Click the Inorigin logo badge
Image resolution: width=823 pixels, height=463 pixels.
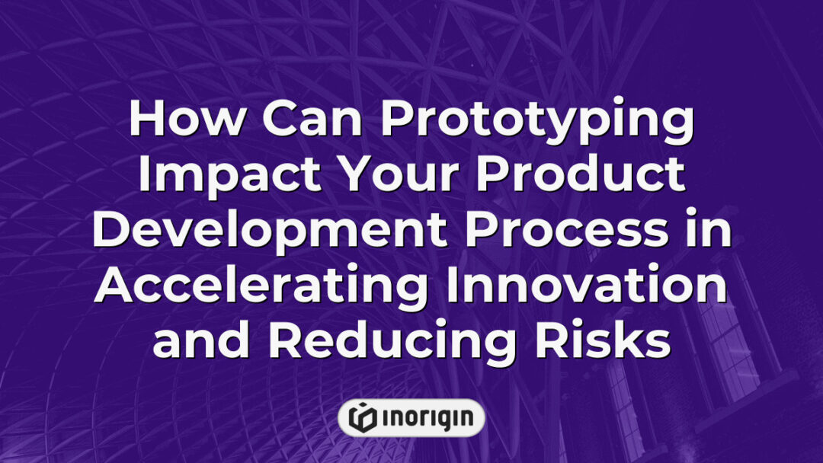(411, 417)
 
